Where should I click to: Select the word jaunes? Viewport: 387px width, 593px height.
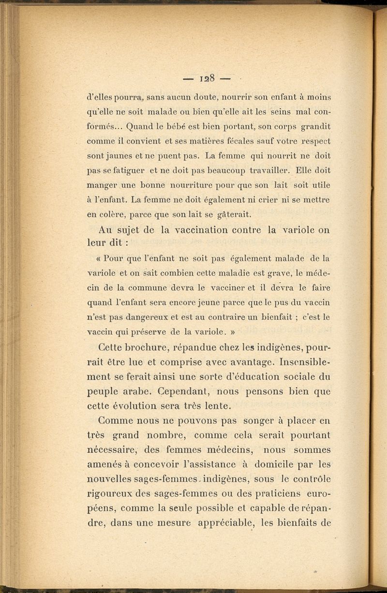click(x=117, y=157)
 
